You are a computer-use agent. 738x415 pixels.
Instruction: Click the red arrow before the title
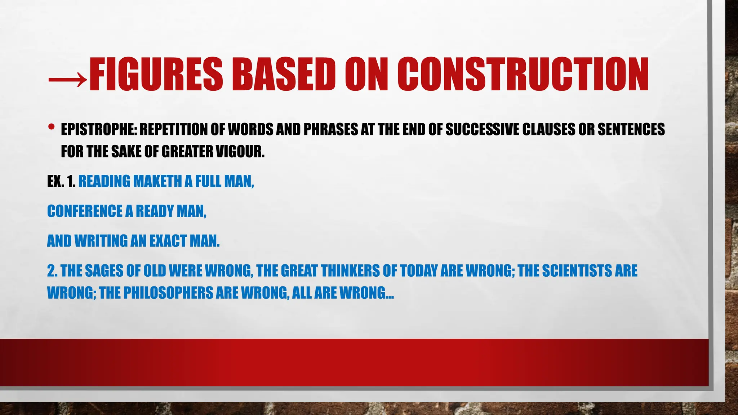coord(67,77)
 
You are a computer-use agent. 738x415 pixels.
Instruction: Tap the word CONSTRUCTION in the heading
coord(523,75)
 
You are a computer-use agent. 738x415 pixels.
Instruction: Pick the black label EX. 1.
coord(61,182)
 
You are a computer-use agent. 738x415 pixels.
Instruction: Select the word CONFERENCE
coord(85,211)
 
